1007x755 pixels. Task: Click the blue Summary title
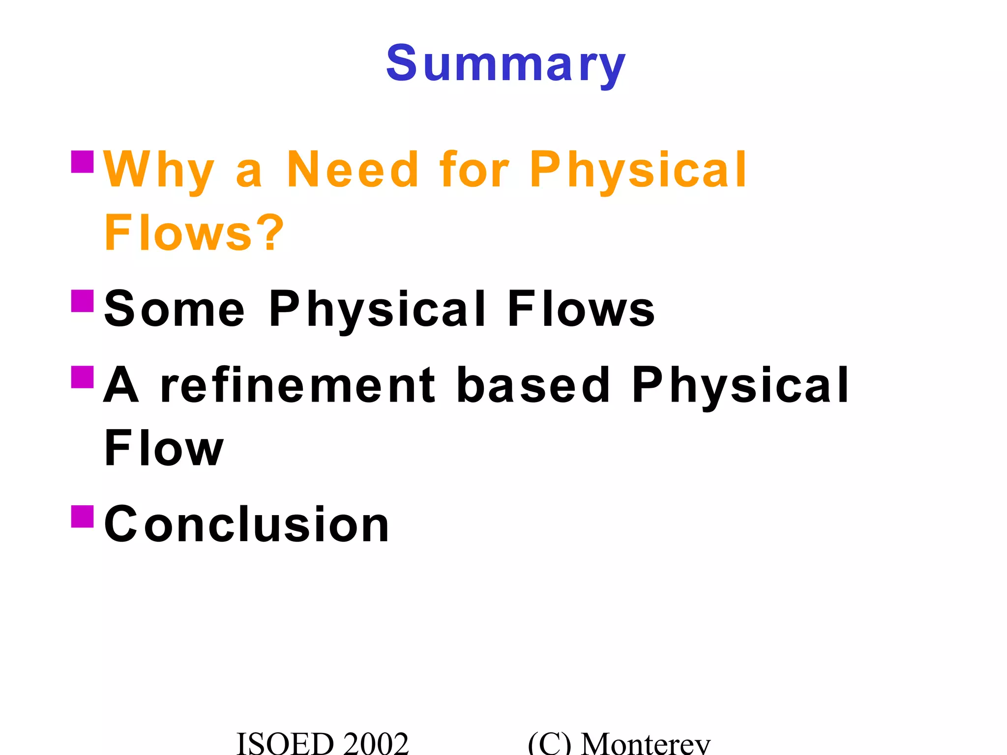505,64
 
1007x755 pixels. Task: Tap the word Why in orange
159,171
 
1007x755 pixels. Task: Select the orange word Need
352,170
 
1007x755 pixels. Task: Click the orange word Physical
638,171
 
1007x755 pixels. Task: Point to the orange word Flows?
194,233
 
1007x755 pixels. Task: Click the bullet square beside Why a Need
82,162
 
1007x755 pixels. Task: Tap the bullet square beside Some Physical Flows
82,301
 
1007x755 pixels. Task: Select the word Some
174,309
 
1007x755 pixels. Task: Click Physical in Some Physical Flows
378,310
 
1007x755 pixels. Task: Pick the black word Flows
581,309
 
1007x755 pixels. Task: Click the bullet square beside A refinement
82,377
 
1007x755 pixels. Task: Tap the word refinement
298,385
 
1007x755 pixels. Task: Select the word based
533,385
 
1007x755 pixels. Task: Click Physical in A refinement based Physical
740,385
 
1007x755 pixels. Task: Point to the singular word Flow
164,448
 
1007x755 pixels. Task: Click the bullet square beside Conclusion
82,516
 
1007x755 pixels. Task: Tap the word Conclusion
246,524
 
